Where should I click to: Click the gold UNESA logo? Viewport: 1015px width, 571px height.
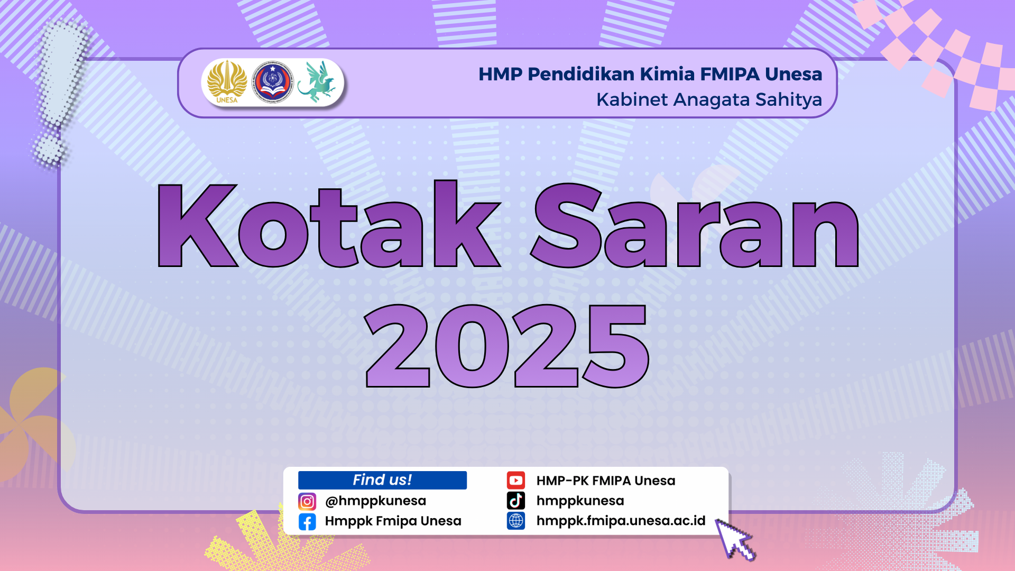(x=227, y=82)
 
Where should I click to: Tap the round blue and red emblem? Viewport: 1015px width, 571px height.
(x=272, y=82)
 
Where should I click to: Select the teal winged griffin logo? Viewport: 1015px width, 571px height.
(x=317, y=82)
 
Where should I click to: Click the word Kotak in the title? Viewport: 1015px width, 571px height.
(x=328, y=224)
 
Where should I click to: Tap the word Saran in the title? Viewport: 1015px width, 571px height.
(x=695, y=225)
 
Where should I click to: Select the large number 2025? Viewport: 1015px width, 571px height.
(x=507, y=346)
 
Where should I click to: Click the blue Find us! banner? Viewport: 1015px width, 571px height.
(x=382, y=480)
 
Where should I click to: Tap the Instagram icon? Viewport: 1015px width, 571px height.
(x=307, y=501)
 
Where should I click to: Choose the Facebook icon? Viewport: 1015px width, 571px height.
(x=307, y=522)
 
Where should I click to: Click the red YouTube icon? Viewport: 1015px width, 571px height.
(x=516, y=480)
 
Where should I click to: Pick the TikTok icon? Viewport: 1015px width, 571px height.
(x=516, y=500)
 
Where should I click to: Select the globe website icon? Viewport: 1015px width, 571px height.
(x=516, y=521)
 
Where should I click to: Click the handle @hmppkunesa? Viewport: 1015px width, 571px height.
(x=375, y=501)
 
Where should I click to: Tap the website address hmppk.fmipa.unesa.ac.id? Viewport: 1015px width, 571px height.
(x=621, y=521)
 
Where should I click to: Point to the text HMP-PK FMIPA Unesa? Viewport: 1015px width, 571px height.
(x=606, y=481)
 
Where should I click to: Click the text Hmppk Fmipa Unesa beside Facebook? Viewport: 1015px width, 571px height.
(x=393, y=521)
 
